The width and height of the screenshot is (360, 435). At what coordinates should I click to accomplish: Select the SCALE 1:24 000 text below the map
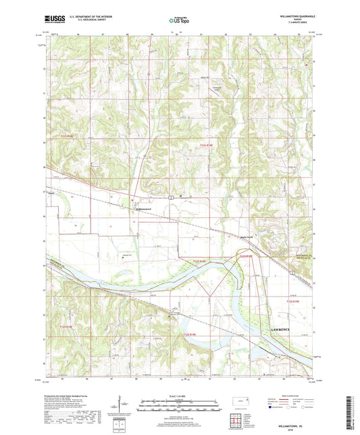[x=179, y=396]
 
